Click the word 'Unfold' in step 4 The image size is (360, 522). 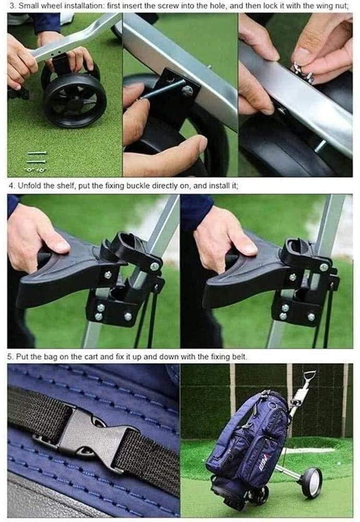pos(31,185)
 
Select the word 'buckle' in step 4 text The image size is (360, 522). pos(132,185)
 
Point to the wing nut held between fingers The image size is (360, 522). pos(303,70)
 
